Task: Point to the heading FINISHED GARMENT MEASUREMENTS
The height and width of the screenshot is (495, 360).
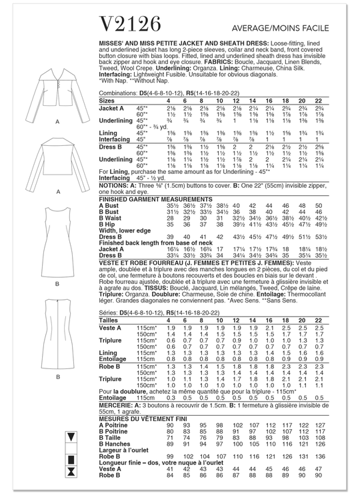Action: click(x=144, y=199)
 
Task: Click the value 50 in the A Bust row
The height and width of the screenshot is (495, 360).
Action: click(x=336, y=206)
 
